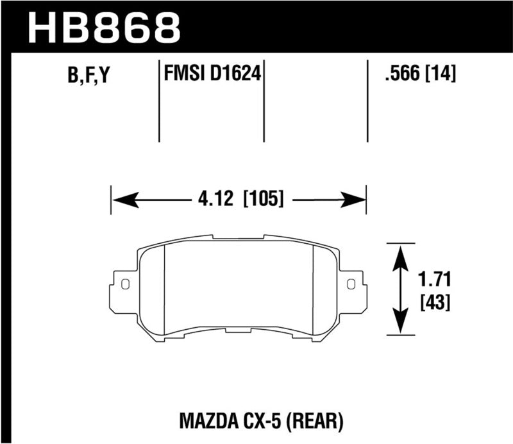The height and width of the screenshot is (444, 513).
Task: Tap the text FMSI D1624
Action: [212, 75]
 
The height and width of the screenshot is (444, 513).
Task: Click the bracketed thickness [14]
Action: [441, 75]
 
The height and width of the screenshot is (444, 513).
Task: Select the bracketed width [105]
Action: [262, 199]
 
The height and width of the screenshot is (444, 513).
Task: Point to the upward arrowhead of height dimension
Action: [401, 255]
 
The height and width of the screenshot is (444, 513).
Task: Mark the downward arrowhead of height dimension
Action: [401, 323]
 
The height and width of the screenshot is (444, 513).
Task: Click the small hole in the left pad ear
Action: [125, 284]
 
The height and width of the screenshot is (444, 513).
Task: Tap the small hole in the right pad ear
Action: [350, 284]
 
